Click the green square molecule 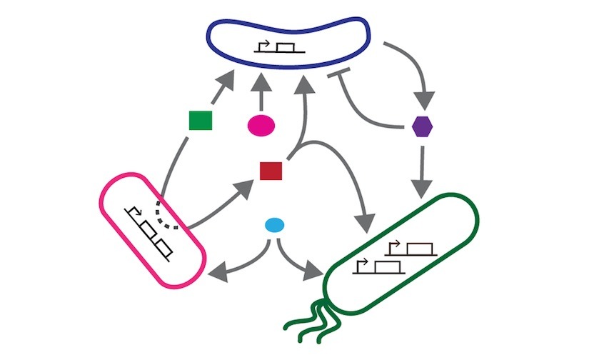(x=200, y=121)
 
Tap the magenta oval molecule (x=261, y=124)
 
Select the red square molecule (x=271, y=171)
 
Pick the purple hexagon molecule (x=423, y=126)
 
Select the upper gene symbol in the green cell (x=410, y=247)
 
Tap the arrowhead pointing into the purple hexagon (x=427, y=100)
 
